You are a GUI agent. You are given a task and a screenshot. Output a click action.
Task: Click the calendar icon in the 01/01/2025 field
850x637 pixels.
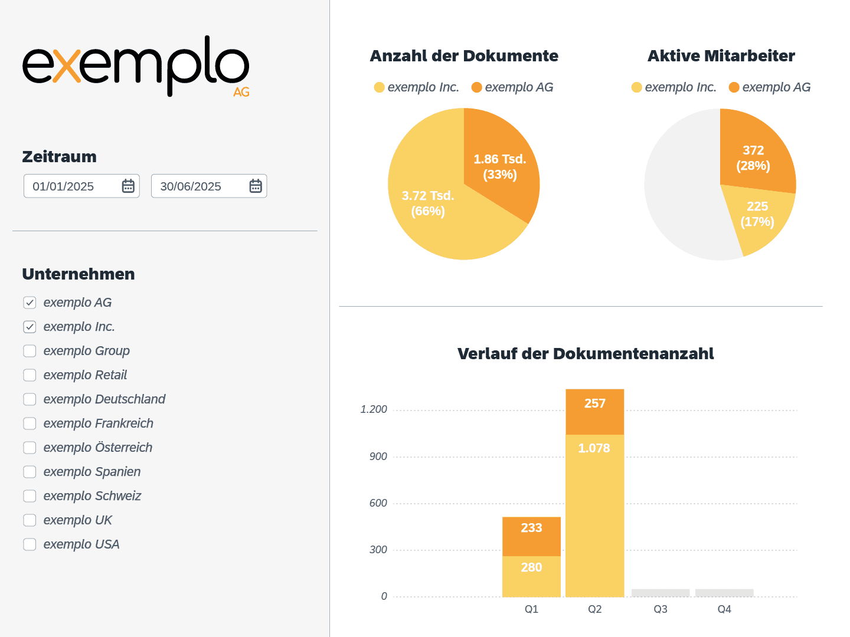(128, 186)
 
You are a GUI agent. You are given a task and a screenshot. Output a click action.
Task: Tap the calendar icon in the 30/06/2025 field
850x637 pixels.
(256, 186)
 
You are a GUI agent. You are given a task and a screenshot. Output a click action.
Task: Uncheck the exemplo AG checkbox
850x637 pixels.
(30, 303)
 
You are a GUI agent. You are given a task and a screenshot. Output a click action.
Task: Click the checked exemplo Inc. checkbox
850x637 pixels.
(30, 327)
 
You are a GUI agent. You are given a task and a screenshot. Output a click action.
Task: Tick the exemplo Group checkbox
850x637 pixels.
(30, 351)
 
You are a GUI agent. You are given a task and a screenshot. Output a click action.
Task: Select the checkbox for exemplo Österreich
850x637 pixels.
(30, 448)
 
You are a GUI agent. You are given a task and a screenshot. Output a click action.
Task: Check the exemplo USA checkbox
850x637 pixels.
(30, 544)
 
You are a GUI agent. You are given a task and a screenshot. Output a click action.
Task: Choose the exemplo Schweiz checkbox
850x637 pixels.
(30, 496)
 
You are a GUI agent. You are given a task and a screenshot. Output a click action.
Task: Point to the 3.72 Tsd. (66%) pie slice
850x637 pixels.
(428, 203)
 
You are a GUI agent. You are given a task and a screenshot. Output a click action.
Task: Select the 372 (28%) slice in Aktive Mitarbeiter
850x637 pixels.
(753, 157)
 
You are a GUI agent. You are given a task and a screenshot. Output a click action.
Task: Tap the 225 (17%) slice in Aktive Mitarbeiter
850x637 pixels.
(757, 214)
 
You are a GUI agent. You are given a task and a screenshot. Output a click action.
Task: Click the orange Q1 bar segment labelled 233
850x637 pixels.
(531, 536)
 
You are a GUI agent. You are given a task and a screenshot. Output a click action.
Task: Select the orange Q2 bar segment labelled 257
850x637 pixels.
(594, 412)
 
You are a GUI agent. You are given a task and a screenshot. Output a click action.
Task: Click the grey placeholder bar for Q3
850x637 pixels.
(661, 593)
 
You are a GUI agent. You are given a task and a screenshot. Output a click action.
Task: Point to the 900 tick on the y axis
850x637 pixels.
(378, 457)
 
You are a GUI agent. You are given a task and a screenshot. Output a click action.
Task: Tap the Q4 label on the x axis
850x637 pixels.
(724, 609)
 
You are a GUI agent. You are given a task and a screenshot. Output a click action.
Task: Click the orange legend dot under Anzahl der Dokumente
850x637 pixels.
(477, 87)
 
